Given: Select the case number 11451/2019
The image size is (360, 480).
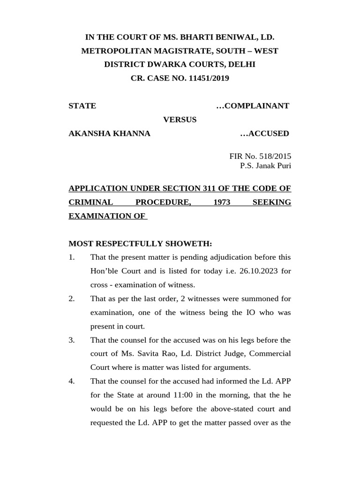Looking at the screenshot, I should tap(209, 78).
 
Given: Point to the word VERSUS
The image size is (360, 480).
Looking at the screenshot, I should tap(180, 120).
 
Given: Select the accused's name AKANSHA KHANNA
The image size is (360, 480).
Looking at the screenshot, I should tap(109, 134).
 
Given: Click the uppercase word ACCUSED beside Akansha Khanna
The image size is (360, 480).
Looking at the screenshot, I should tap(269, 134).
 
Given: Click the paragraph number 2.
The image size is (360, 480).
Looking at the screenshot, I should tap(71, 299).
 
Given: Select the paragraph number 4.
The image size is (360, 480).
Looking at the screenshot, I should tap(71, 381).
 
